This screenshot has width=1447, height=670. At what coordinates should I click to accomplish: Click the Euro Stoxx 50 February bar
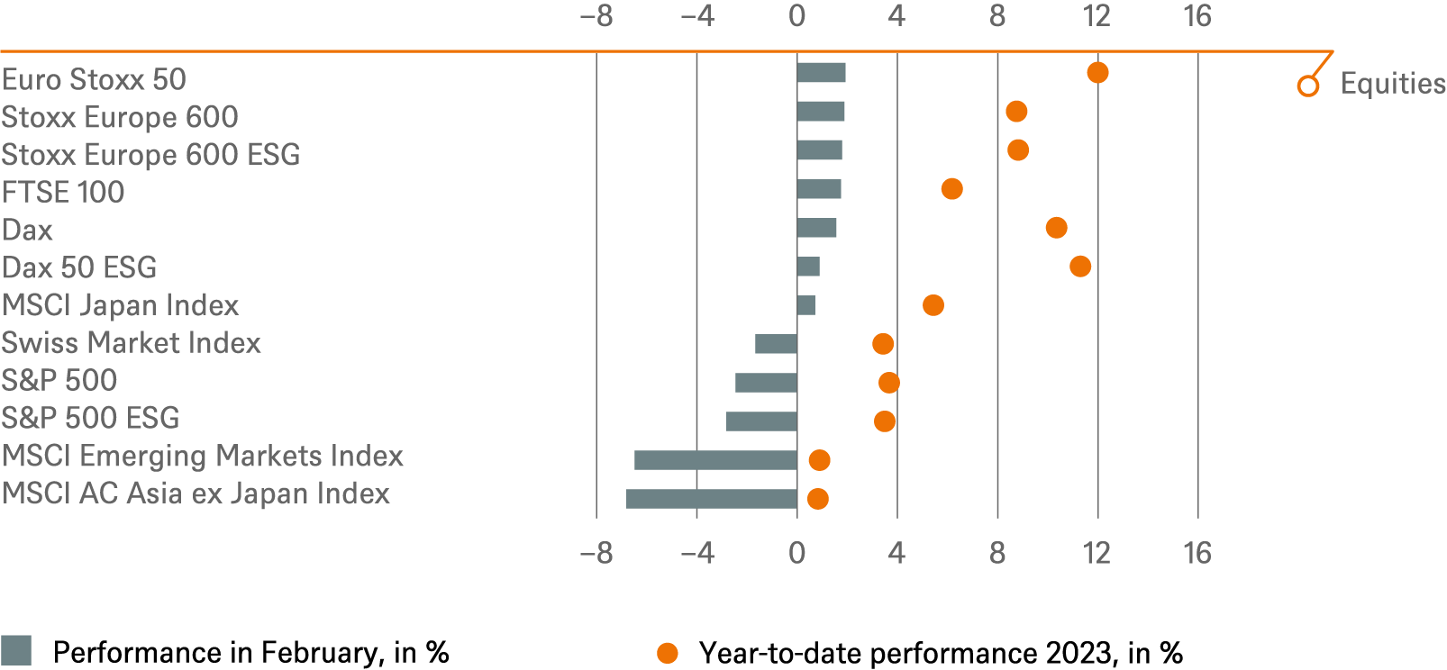[x=821, y=73]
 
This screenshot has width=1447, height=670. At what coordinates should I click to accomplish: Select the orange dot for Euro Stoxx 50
[x=1097, y=73]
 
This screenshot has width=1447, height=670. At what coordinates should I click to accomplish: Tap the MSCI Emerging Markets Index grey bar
[x=715, y=460]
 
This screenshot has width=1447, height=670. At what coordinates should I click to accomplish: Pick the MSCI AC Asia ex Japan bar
[x=711, y=498]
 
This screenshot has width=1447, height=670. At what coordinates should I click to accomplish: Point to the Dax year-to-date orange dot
[x=1057, y=228]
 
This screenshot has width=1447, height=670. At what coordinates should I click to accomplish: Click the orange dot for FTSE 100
[x=951, y=189]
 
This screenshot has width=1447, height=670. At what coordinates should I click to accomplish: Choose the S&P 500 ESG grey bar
[x=761, y=421]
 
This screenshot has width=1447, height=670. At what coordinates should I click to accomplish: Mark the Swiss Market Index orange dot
[x=883, y=344]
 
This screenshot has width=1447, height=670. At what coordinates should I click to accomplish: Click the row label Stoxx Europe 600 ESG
[x=150, y=155]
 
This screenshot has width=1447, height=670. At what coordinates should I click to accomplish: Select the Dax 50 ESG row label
[x=79, y=267]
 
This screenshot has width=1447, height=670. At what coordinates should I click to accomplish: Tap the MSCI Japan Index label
[x=121, y=305]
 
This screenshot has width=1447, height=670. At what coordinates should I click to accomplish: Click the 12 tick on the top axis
[x=1097, y=16]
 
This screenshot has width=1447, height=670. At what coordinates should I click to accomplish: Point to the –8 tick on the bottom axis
[x=596, y=553]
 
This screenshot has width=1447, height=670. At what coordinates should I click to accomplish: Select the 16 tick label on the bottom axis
[x=1197, y=553]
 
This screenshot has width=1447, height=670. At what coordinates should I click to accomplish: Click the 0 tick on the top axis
[x=796, y=16]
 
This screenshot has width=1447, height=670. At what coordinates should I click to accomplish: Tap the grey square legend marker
[x=16, y=650]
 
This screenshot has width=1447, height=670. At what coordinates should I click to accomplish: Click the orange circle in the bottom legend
[x=668, y=653]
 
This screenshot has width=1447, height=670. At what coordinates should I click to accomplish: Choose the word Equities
[x=1392, y=84]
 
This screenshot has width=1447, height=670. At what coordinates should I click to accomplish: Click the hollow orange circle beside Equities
[x=1308, y=86]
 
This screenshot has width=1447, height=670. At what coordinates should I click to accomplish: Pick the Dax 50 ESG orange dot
[x=1080, y=267]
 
